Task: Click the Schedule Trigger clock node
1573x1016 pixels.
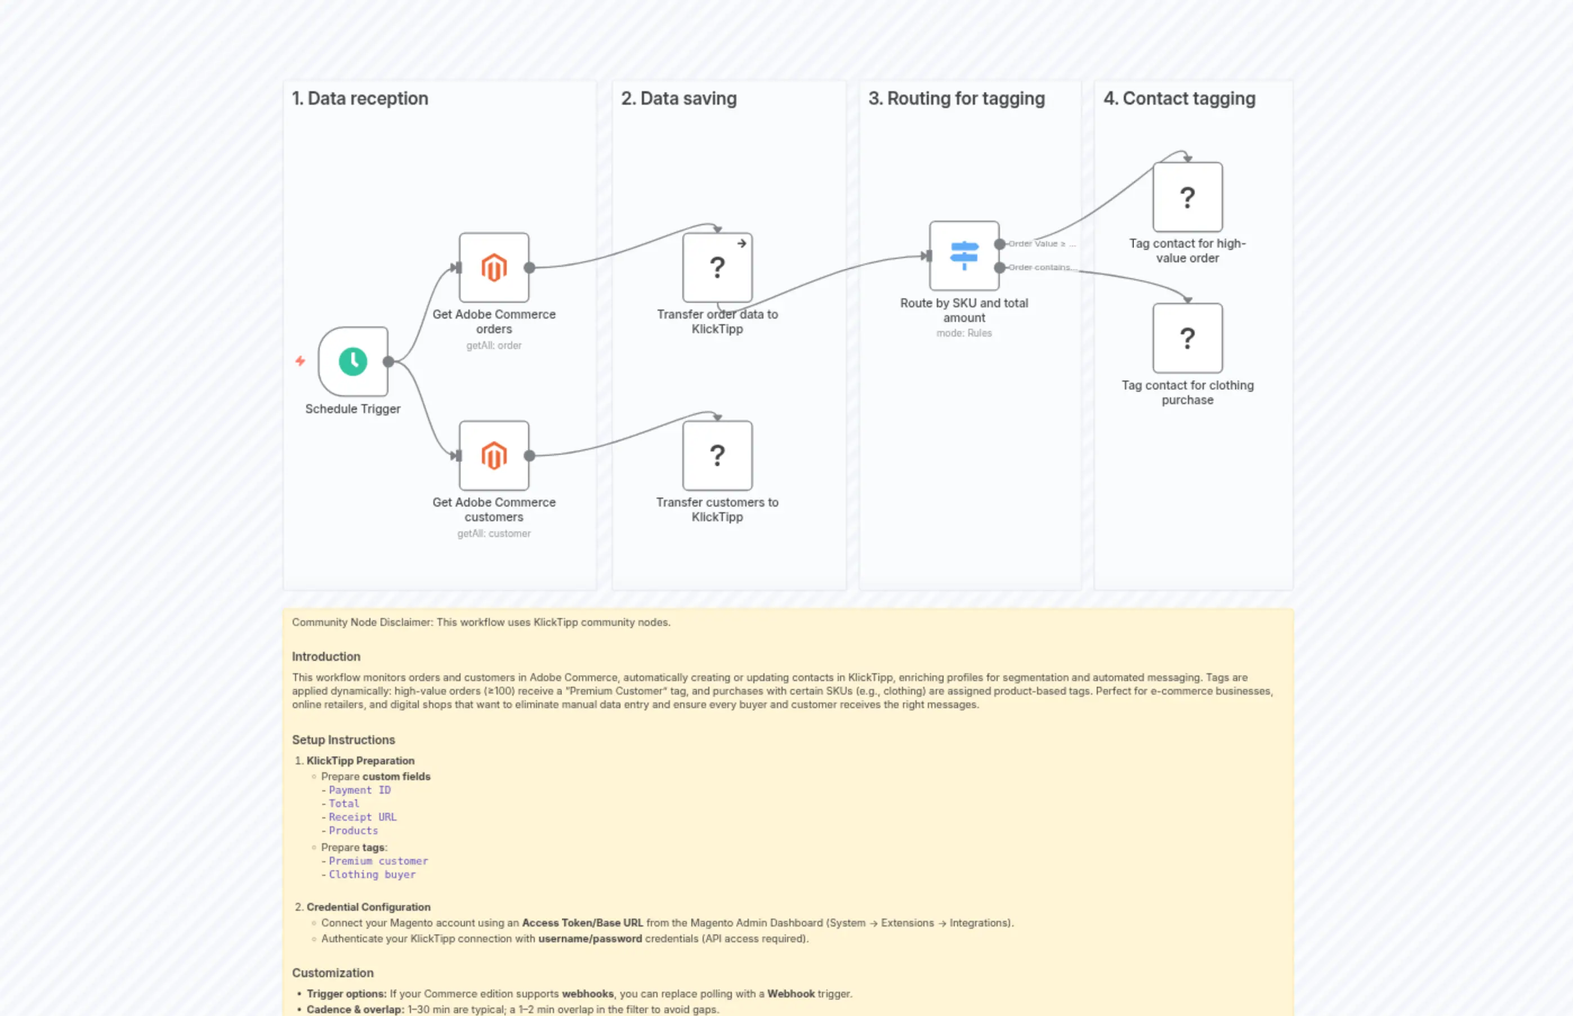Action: (352, 361)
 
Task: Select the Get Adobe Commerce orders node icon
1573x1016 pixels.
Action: (494, 267)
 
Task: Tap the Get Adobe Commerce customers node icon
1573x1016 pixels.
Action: (494, 455)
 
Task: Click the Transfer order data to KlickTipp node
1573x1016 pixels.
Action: (717, 267)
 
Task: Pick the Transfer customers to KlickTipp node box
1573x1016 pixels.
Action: (717, 455)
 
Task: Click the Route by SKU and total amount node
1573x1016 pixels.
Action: (963, 256)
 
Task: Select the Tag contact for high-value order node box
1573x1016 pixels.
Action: (1187, 196)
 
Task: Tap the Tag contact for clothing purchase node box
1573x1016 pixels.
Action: (1187, 338)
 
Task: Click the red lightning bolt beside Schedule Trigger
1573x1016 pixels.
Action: (300, 361)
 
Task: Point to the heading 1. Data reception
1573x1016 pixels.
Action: (360, 99)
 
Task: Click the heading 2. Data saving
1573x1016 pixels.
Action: (678, 99)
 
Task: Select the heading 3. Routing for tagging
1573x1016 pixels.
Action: (956, 99)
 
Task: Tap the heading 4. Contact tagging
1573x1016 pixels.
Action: (1179, 99)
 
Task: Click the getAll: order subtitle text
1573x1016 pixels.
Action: (494, 345)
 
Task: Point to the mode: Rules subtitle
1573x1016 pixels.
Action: (963, 333)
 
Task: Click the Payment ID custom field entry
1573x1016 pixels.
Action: (360, 790)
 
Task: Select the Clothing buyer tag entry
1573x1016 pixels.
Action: (372, 874)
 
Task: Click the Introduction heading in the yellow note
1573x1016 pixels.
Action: (326, 656)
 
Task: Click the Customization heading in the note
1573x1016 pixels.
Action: (333, 973)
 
